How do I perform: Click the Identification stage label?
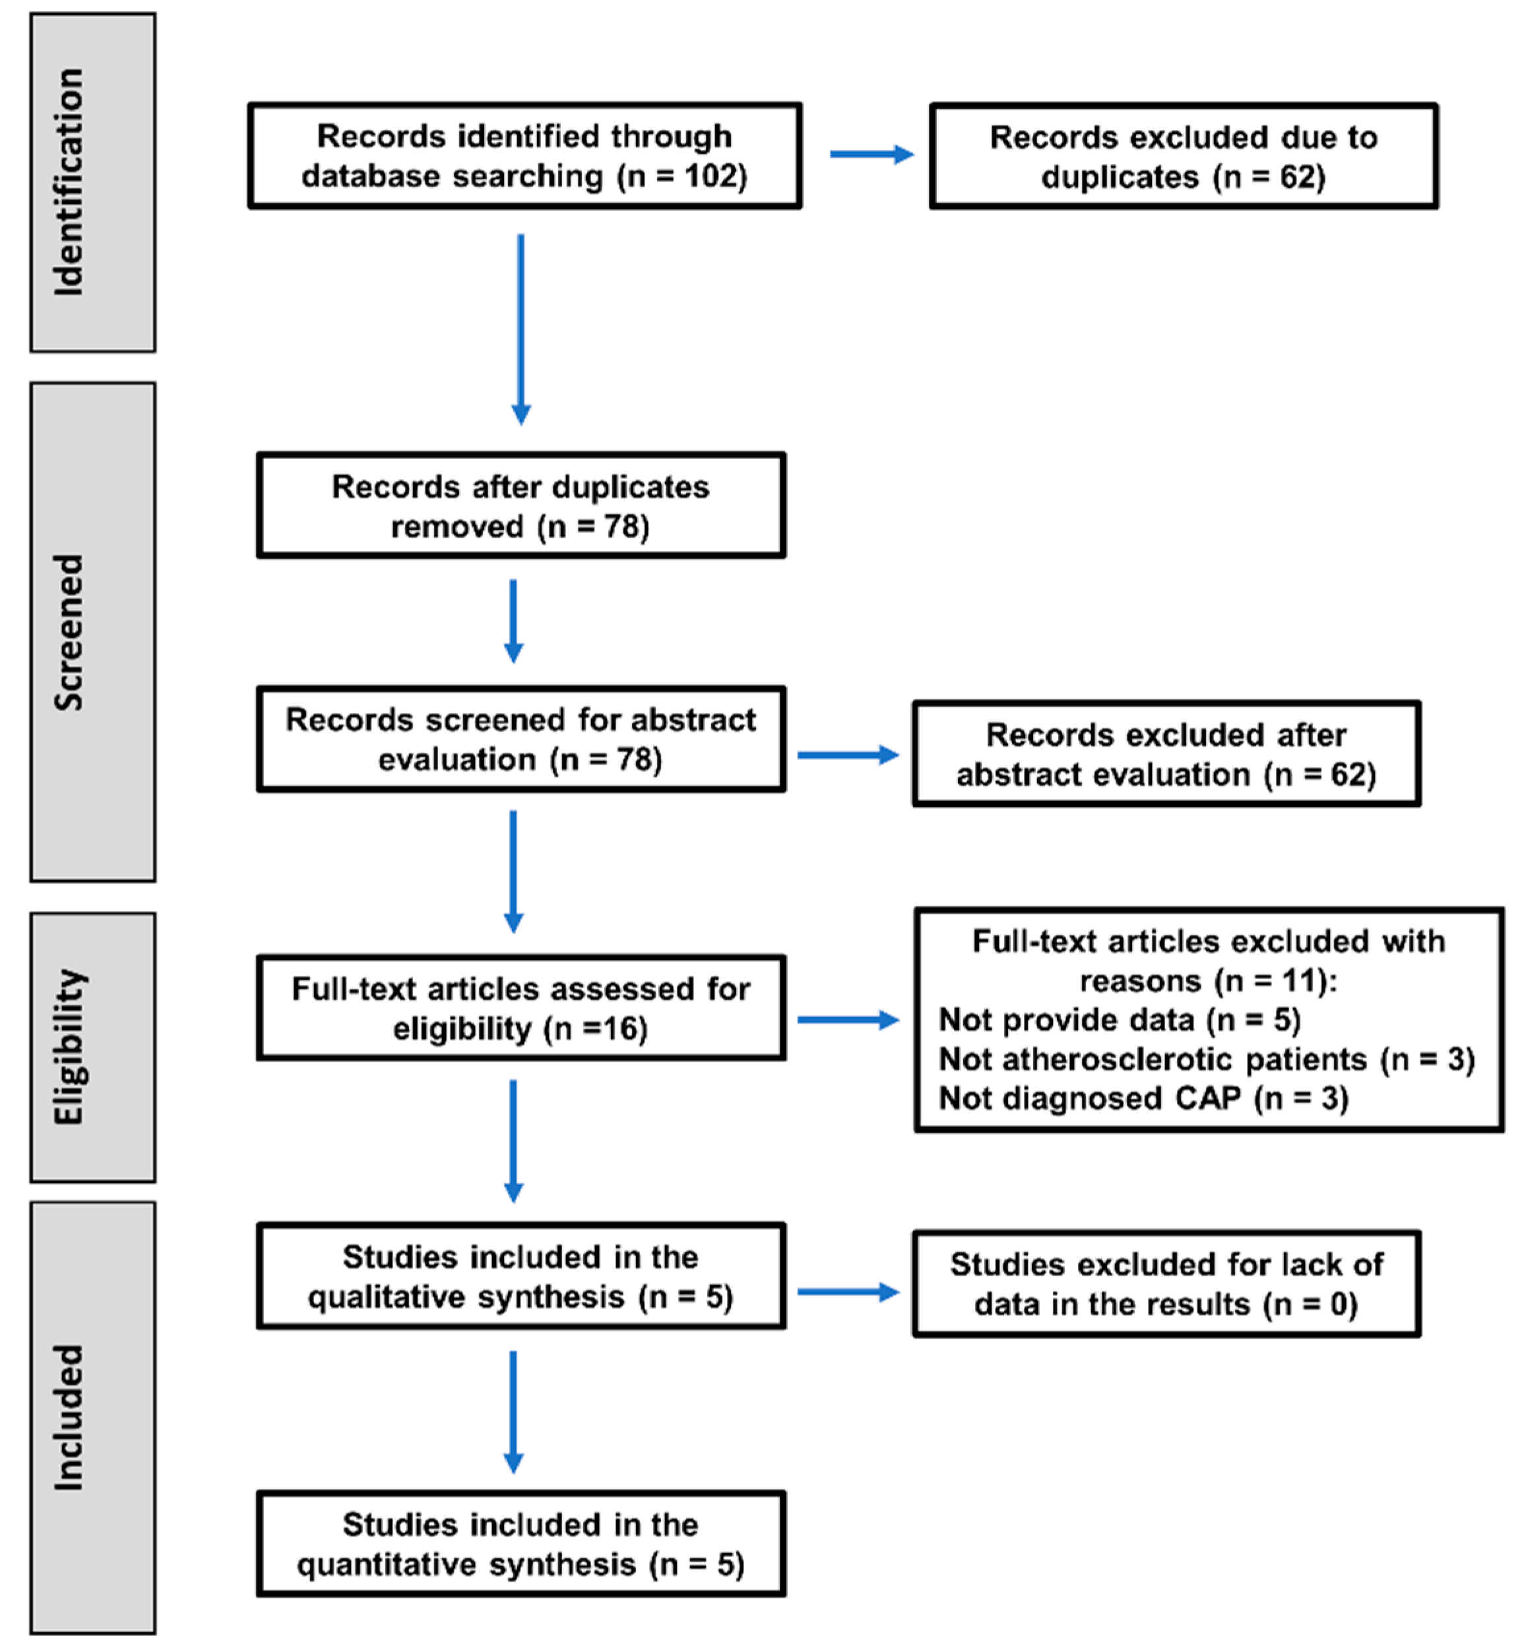(69, 182)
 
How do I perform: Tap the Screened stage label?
(69, 632)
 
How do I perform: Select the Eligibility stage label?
(69, 1046)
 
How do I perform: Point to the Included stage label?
(69, 1417)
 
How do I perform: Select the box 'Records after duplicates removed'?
(521, 505)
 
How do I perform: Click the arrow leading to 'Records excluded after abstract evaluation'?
(847, 755)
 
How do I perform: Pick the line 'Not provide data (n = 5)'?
(1119, 1020)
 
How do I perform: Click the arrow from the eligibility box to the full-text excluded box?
(847, 1020)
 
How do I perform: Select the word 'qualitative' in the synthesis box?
(466, 1297)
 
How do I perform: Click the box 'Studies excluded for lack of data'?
(1166, 1284)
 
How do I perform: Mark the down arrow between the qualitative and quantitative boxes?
(513, 1411)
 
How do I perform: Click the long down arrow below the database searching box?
(521, 329)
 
